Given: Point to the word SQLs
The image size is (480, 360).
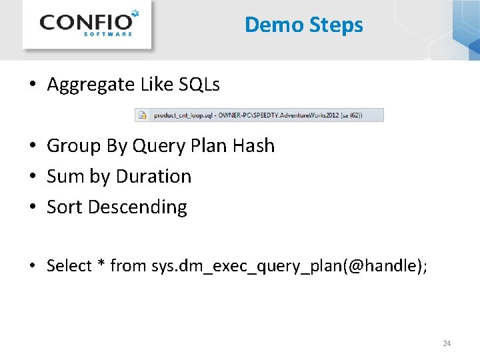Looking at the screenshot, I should (199, 85).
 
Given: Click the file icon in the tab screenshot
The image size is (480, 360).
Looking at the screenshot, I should (142, 115).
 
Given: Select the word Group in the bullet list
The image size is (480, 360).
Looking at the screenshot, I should (71, 145).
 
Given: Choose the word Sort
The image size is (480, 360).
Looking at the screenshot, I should (65, 207).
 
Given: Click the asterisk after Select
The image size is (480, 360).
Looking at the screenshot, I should (102, 265).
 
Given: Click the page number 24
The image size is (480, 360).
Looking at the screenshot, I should (447, 343).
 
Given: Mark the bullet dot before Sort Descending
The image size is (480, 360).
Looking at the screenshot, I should (32, 207).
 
